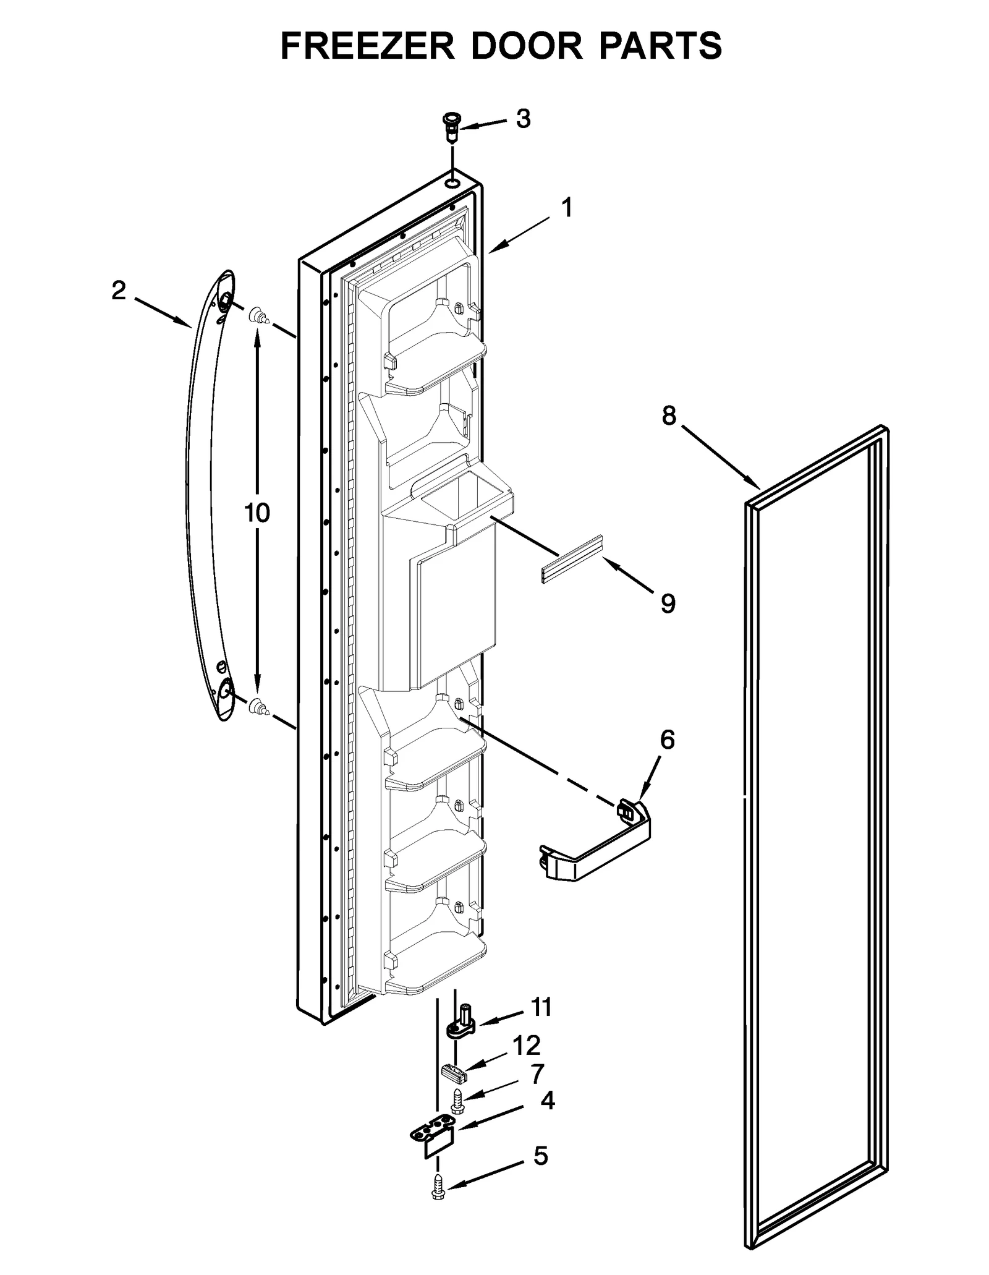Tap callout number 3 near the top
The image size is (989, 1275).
523,119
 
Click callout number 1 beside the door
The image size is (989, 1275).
566,208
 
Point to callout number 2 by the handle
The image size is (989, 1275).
119,290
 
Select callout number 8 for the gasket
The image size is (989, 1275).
669,416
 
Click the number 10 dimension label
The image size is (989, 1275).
257,513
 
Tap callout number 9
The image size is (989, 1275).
668,603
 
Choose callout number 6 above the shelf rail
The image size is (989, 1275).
667,740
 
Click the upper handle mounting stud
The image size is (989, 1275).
258,318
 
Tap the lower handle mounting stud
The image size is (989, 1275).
258,707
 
